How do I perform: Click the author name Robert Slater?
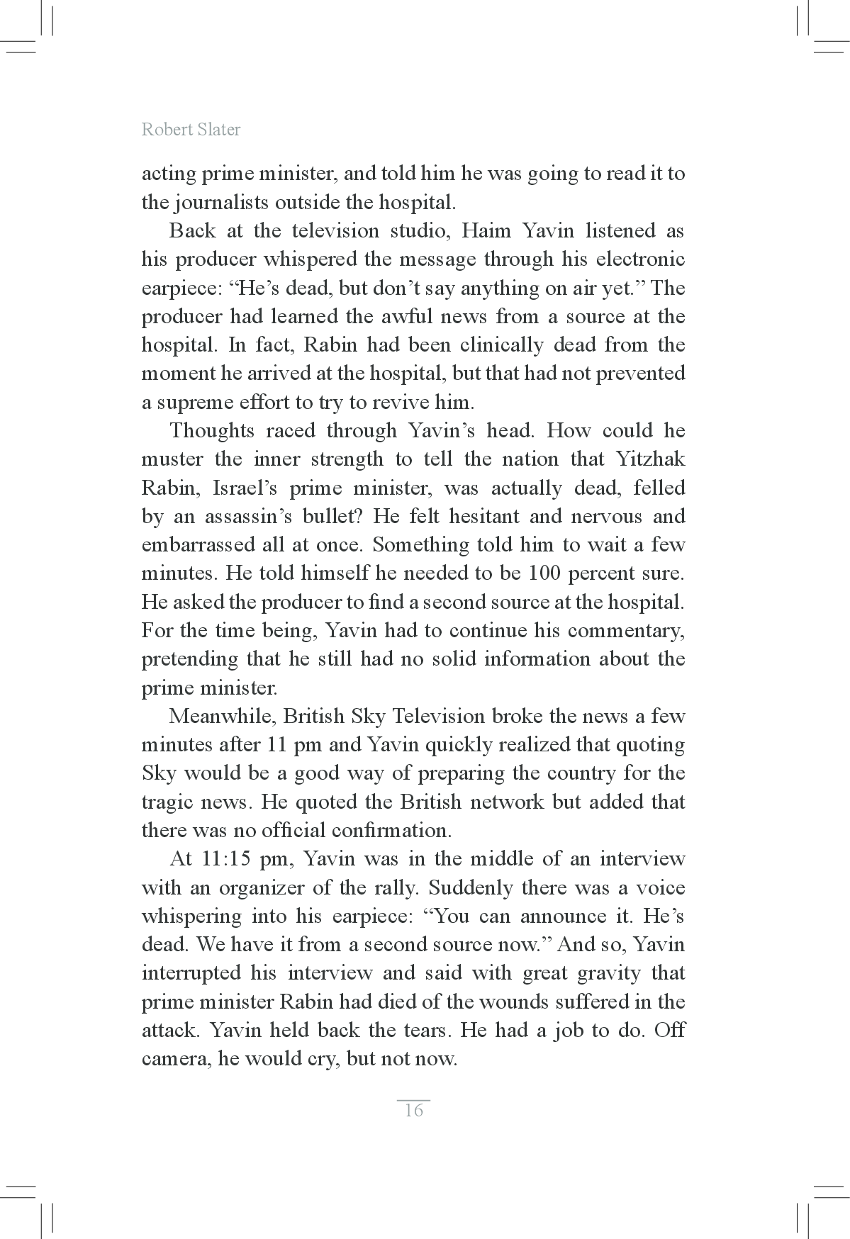coord(191,130)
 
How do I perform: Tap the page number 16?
coord(413,1110)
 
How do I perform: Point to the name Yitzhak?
coord(651,459)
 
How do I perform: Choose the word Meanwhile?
coord(220,716)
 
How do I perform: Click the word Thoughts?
coord(212,431)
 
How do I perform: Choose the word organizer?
coord(262,888)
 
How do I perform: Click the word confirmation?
coord(391,831)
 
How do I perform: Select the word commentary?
coord(626,631)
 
